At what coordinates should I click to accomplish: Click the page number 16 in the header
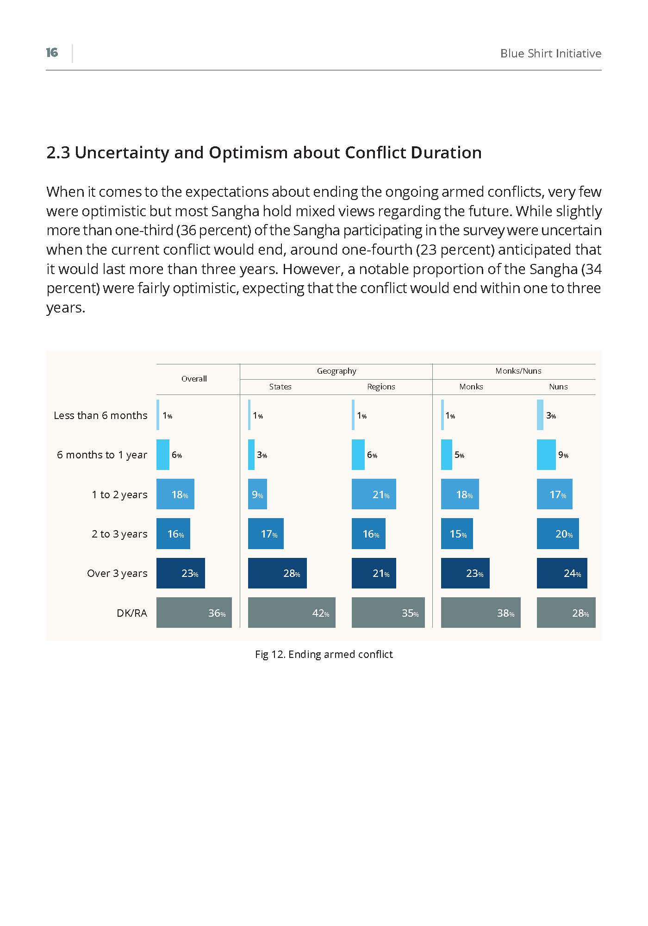52,53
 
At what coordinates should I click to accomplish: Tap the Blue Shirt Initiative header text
551,53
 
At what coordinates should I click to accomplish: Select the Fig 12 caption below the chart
324,654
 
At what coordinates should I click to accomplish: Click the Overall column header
194,379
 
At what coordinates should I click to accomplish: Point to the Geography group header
336,371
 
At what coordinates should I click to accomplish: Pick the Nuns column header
558,387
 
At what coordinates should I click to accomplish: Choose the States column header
280,387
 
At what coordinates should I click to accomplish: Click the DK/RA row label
132,613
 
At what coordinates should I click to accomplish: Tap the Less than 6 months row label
100,415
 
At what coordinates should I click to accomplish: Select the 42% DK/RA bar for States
292,613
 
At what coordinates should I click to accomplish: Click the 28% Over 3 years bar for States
277,573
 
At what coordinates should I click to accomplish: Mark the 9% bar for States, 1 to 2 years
257,494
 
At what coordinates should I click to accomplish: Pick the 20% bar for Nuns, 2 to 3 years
558,533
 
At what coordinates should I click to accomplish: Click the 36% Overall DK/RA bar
194,613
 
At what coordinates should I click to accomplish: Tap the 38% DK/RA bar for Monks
481,613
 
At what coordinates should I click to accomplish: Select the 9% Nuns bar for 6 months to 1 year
546,455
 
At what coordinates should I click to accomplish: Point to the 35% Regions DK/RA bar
388,613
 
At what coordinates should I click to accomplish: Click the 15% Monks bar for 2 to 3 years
457,533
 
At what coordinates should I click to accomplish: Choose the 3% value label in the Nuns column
551,416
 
